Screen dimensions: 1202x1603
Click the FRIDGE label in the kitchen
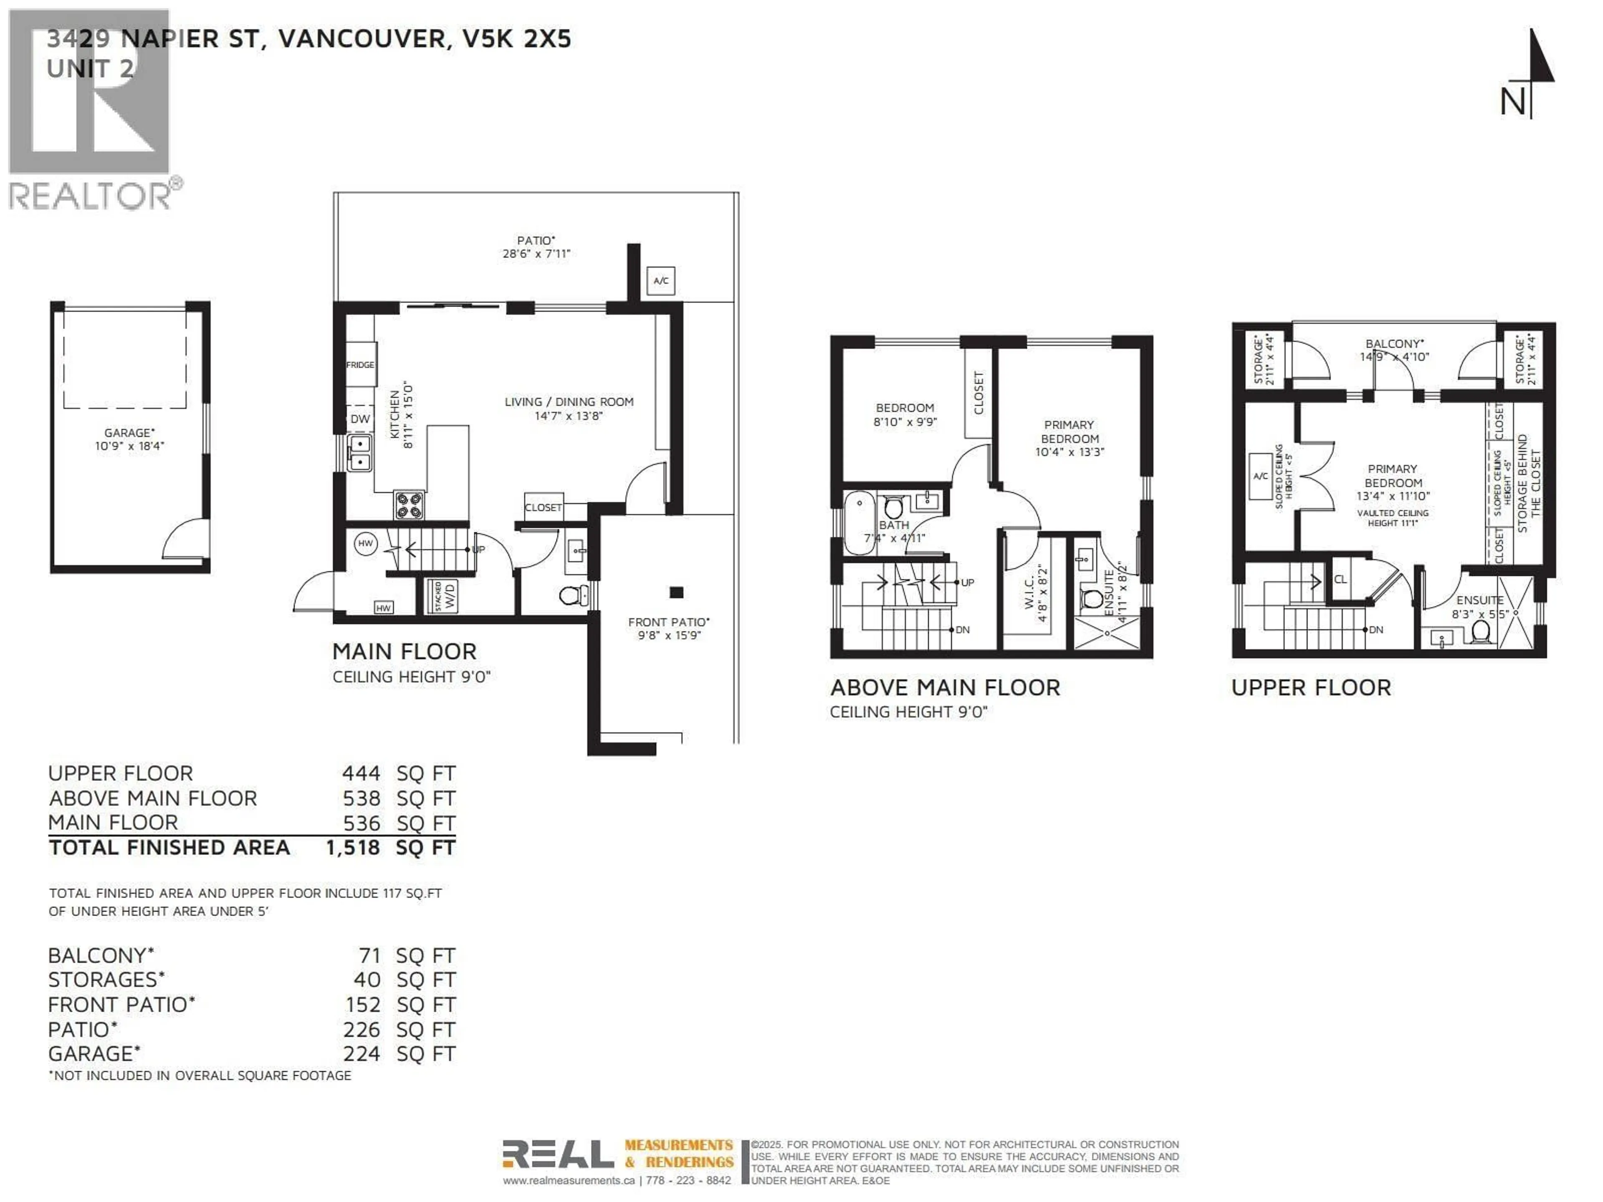pyautogui.click(x=360, y=364)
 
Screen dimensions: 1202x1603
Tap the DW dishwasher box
pyautogui.click(x=360, y=419)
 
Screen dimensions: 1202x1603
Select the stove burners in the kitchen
pyautogui.click(x=409, y=505)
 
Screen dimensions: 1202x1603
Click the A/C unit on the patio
pyautogui.click(x=660, y=280)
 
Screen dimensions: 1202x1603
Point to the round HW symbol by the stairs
pyautogui.click(x=365, y=543)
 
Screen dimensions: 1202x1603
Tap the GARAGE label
pyautogui.click(x=129, y=432)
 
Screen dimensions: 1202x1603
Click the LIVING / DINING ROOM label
pyautogui.click(x=569, y=402)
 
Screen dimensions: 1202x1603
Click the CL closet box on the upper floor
pyautogui.click(x=1340, y=579)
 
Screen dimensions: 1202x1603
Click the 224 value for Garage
pyautogui.click(x=361, y=1053)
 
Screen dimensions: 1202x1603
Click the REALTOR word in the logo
pyautogui.click(x=90, y=196)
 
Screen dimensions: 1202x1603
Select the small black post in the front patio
pyautogui.click(x=676, y=592)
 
